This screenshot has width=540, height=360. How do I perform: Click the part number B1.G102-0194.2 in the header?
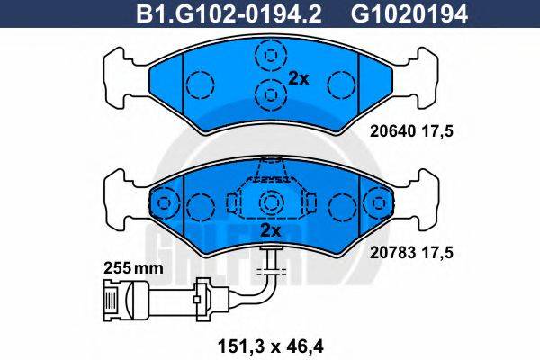pyautogui.click(x=229, y=14)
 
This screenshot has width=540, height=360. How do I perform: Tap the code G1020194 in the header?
pyautogui.click(x=409, y=14)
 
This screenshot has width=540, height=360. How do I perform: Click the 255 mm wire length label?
pyautogui.click(x=133, y=268)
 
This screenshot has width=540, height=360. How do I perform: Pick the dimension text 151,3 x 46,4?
pyautogui.click(x=271, y=346)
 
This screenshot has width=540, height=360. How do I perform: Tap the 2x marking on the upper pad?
pyautogui.click(x=298, y=79)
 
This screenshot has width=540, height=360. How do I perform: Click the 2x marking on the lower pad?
pyautogui.click(x=270, y=230)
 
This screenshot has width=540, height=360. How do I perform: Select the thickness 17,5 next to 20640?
pyautogui.click(x=437, y=131)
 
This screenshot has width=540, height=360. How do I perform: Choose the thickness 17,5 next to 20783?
pyautogui.click(x=437, y=253)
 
